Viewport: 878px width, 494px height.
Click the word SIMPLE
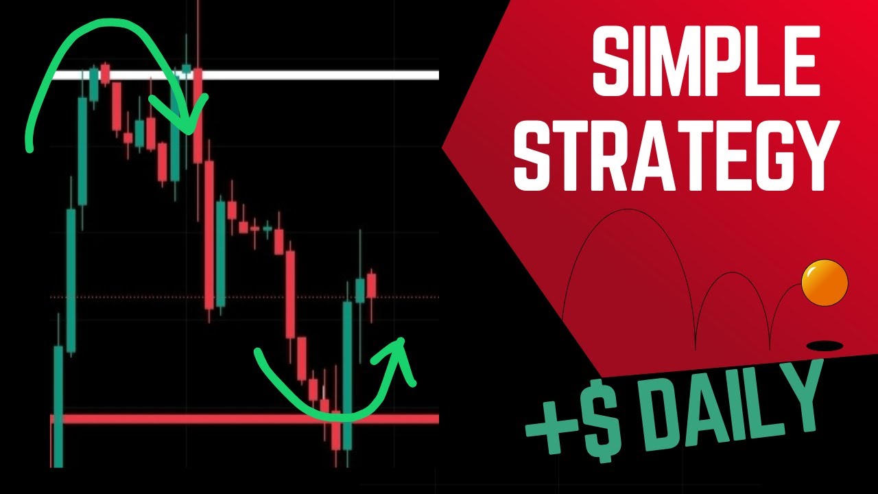pyautogui.click(x=707, y=63)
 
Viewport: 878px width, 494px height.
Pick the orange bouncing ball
pyautogui.click(x=825, y=283)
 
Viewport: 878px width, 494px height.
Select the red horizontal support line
pyautogui.click(x=206, y=418)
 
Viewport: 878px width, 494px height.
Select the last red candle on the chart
pyautogui.click(x=372, y=285)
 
